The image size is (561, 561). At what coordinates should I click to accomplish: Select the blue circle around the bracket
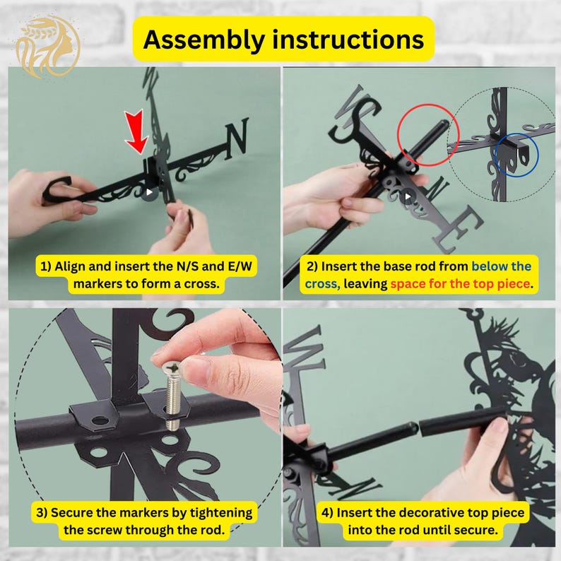(x=495, y=155)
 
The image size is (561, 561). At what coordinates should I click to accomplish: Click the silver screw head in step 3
(x=172, y=367)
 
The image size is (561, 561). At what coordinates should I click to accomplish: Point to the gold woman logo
(x=47, y=47)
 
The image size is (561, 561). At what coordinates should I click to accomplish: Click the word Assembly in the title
(x=203, y=40)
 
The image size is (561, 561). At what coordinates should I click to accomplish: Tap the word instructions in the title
(x=348, y=39)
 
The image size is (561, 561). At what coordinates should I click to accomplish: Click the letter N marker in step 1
(x=236, y=138)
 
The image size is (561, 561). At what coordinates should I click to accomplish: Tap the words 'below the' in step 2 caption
(x=501, y=266)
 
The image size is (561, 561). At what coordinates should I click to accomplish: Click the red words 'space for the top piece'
(x=460, y=284)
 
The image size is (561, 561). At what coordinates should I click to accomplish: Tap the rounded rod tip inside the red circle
(x=443, y=125)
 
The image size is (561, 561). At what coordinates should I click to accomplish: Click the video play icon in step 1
(x=149, y=192)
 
